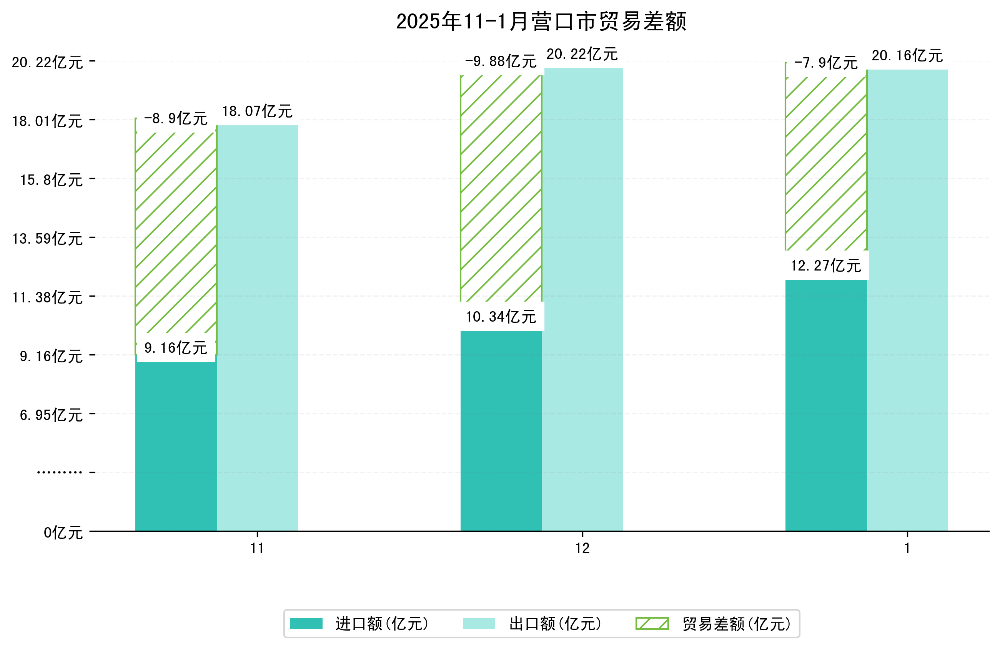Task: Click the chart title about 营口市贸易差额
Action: [541, 22]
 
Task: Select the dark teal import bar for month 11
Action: [176, 445]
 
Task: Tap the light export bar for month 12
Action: [582, 298]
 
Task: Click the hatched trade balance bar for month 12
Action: [501, 189]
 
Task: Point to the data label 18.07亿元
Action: [257, 111]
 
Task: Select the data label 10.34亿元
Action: [501, 317]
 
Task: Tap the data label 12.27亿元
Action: [825, 266]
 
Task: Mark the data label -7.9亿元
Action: [825, 63]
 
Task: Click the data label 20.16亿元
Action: [907, 55]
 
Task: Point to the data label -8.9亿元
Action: [176, 119]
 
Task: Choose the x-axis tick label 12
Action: [582, 548]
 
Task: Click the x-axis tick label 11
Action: [257, 548]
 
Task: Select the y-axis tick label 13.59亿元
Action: [47, 239]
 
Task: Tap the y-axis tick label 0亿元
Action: [63, 533]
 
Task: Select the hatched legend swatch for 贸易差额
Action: [652, 623]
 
